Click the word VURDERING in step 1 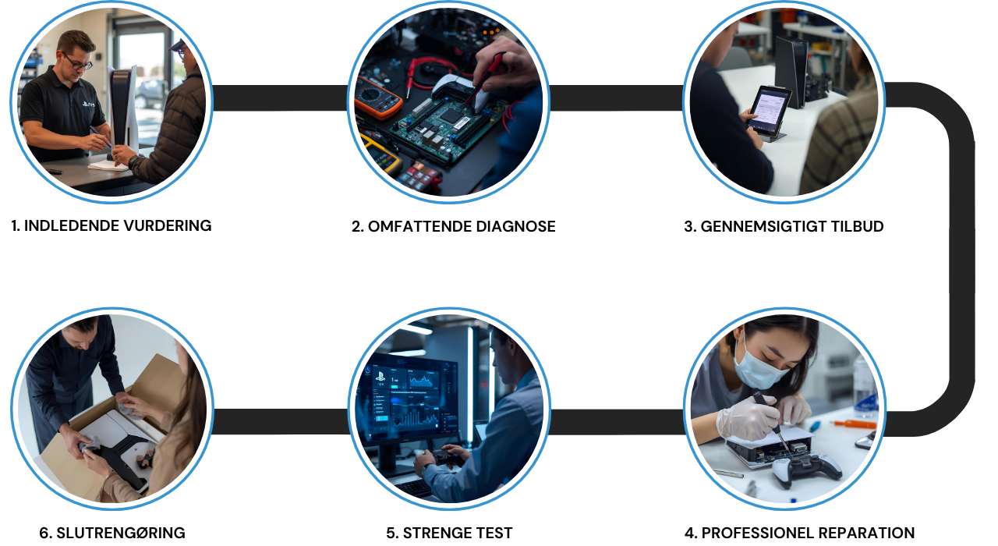167,225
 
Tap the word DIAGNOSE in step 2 515,226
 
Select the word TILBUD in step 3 856,226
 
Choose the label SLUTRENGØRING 112,533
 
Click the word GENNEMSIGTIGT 763,226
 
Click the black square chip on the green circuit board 451,115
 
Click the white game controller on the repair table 806,468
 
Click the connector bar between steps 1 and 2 280,98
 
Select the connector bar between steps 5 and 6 281,421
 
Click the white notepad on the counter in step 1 108,165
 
